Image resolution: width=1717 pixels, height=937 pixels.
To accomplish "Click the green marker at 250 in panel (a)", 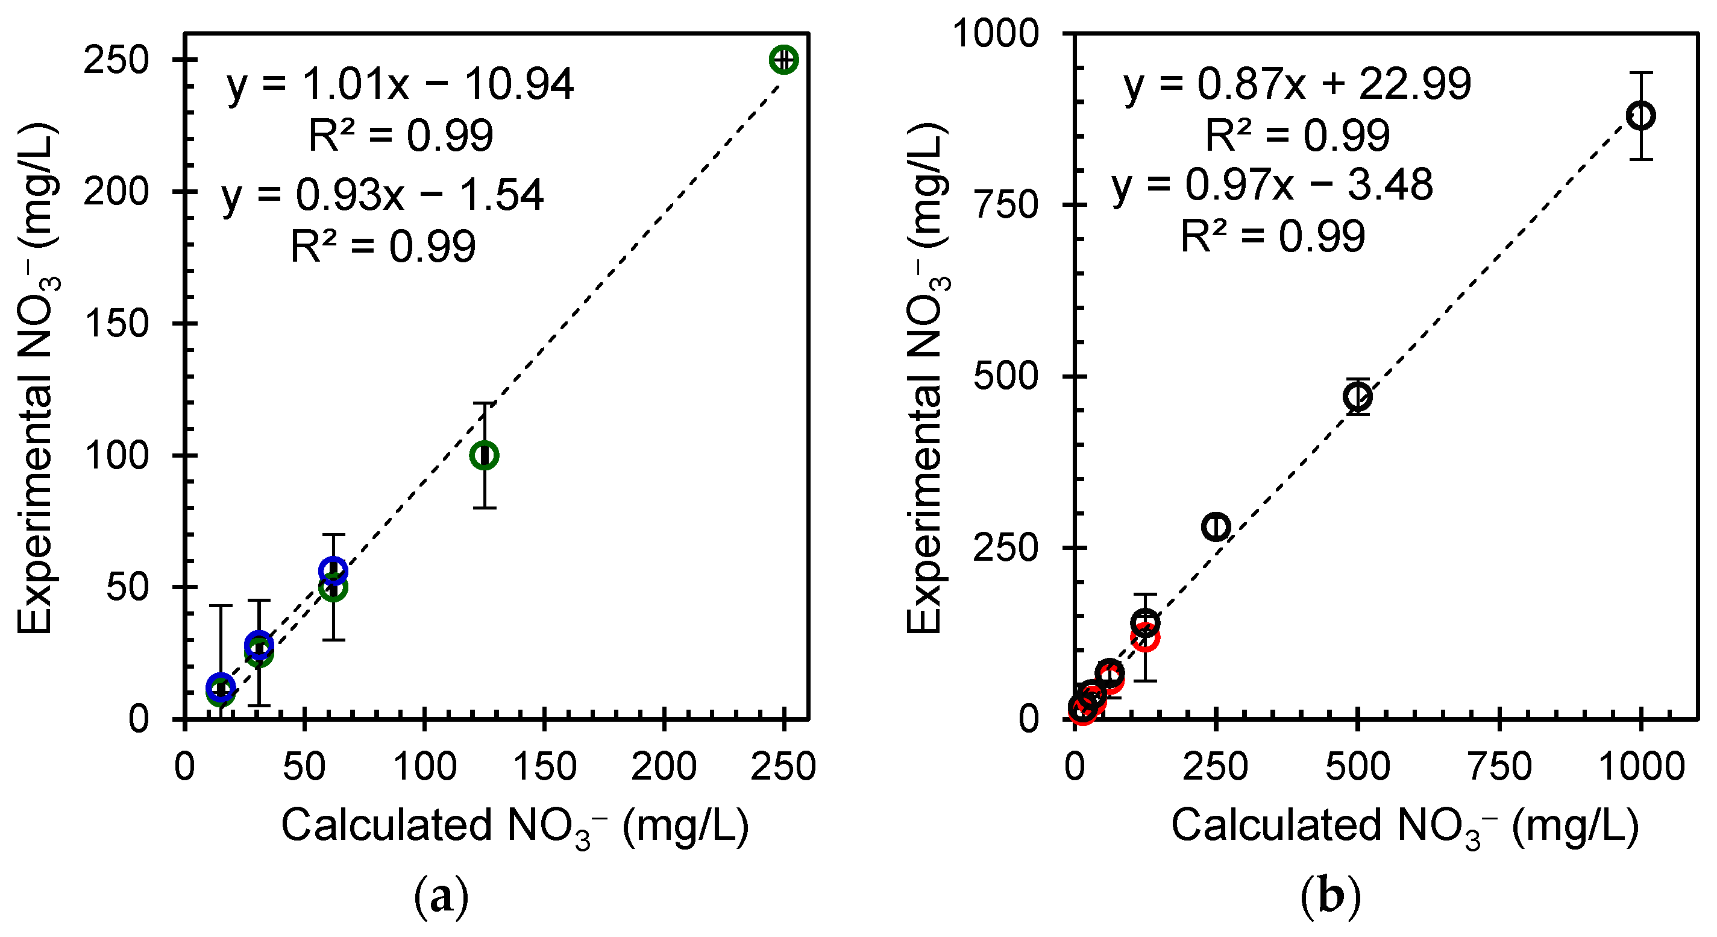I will pos(784,59).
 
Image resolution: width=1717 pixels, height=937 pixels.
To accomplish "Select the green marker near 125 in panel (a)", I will pos(485,455).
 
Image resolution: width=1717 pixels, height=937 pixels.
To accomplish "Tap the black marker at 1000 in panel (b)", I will pos(1640,115).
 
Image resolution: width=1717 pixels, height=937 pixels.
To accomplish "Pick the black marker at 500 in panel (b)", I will pos(1358,397).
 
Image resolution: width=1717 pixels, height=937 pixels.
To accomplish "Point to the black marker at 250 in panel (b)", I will pos(1216,527).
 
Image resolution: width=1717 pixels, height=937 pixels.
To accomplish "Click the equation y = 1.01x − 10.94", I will pos(400,84).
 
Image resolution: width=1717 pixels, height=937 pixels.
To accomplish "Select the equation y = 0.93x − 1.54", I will pos(383,195).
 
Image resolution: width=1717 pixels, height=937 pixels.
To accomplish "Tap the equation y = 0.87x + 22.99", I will pos(1297,84).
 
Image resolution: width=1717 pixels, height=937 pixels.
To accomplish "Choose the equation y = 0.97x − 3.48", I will pos(1272,185).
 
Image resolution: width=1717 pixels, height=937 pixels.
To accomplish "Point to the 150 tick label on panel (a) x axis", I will pos(545,766).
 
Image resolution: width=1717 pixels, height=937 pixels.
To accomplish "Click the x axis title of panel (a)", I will pos(515,826).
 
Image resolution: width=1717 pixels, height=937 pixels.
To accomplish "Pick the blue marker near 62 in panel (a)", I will pos(333,570).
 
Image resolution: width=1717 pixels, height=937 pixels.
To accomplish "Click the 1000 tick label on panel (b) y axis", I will pos(994,33).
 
